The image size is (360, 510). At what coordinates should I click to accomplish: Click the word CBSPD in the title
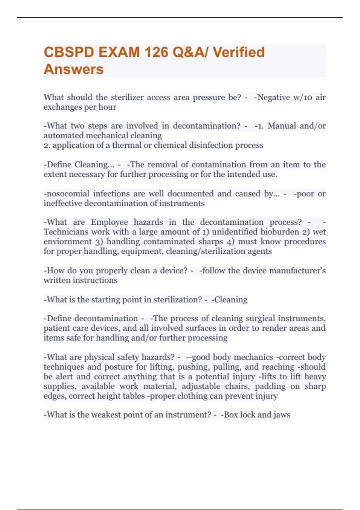click(69, 52)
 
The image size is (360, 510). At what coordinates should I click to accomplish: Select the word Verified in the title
click(239, 52)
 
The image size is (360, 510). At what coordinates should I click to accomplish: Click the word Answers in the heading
click(73, 69)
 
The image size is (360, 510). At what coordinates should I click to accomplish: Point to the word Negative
click(274, 97)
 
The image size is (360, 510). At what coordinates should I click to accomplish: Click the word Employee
click(109, 222)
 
